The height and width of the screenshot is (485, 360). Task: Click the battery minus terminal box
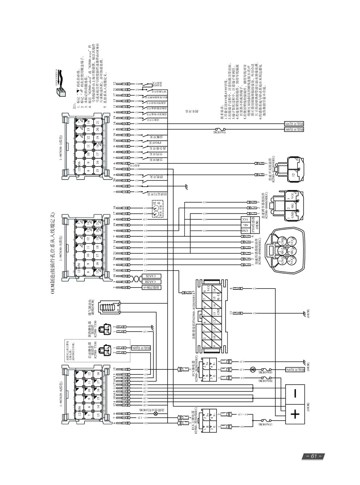tap(294, 393)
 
